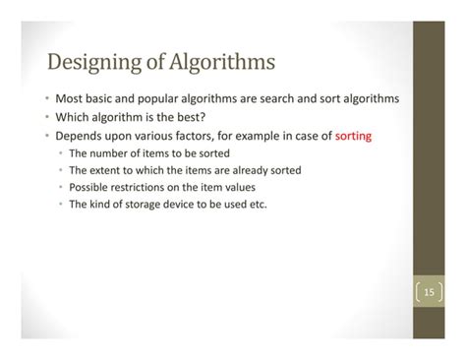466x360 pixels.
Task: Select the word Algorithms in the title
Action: click(x=220, y=66)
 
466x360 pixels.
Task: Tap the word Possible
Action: click(x=90, y=187)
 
